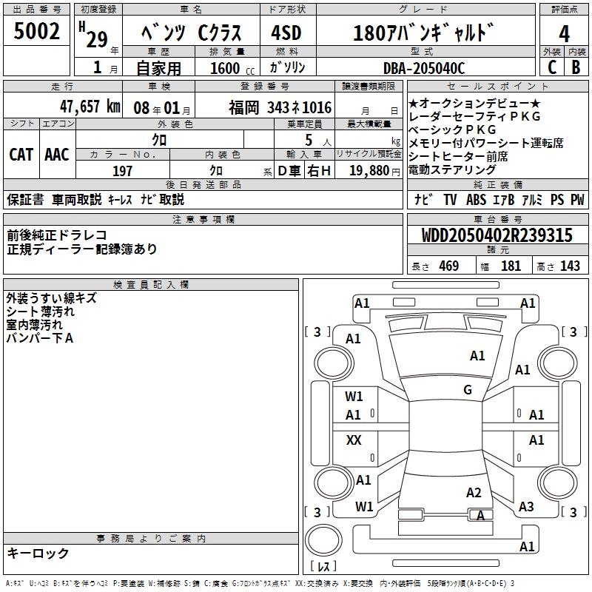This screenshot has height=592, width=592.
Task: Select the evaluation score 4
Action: (x=565, y=33)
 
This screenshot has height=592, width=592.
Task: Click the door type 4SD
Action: (x=286, y=34)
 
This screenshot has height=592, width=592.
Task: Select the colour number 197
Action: (x=123, y=172)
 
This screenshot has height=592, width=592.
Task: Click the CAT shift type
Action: (x=21, y=155)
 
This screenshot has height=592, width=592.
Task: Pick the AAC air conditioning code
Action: (x=57, y=155)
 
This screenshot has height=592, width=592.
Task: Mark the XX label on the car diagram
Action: (x=354, y=440)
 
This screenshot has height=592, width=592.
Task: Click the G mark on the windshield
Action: (x=468, y=390)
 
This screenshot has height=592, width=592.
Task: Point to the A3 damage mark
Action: (x=526, y=507)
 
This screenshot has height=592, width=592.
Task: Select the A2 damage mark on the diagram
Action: (x=474, y=493)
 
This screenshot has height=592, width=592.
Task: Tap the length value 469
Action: (x=448, y=266)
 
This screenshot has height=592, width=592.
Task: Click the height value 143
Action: (x=570, y=266)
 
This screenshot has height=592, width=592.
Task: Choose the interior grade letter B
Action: (x=576, y=67)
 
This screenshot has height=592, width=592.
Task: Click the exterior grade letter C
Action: (x=551, y=67)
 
